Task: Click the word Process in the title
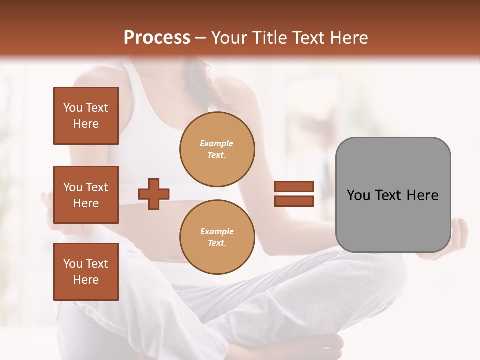pos(157,38)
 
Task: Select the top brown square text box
pos(86,116)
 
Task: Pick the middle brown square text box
pos(86,195)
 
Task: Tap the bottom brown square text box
pos(86,272)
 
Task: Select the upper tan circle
pos(217,149)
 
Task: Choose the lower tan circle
pos(217,237)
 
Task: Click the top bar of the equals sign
pos(294,186)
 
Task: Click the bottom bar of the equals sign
pos(294,201)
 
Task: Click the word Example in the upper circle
pos(216,143)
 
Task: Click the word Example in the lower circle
pos(217,231)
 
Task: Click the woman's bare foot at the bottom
pos(325,345)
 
